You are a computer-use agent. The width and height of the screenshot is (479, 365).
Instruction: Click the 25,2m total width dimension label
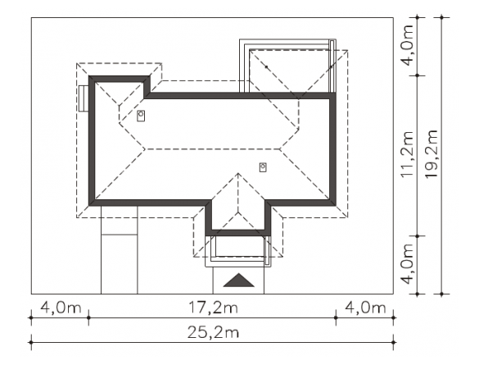pos(213,332)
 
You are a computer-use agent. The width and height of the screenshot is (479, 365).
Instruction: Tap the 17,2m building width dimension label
pos(213,308)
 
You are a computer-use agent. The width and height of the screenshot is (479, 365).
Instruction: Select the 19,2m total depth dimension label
pos(432,154)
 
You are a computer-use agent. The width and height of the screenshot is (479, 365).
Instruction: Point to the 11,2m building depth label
pos(407,154)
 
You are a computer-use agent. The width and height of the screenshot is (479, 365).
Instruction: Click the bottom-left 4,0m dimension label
pos(61,308)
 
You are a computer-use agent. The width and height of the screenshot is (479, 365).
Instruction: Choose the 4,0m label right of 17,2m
pos(365,308)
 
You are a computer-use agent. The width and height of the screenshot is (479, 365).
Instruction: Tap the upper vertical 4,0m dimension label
pos(408,45)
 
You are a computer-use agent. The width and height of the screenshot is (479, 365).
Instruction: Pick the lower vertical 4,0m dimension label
pos(408,264)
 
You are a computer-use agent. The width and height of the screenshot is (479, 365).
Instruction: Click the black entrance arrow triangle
pos(238,281)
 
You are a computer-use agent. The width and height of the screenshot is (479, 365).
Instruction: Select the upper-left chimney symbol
pos(141,116)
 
